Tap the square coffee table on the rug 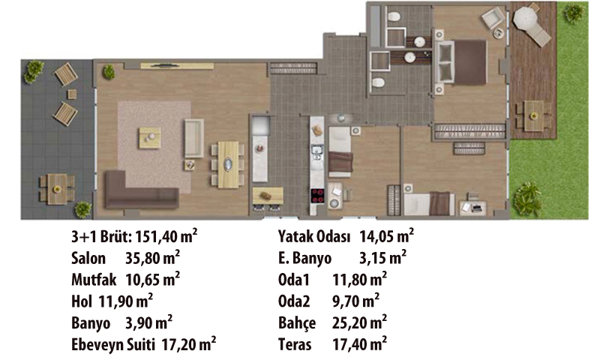coord(149,138)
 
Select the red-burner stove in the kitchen coord(317,196)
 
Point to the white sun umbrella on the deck coord(526,16)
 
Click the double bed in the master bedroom coord(461,62)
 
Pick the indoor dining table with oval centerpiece coord(228,164)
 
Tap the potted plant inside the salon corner coord(109,72)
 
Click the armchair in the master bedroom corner coord(493,19)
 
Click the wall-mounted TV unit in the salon coord(177,66)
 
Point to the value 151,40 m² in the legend coord(166,236)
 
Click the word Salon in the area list coord(88,258)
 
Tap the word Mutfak coord(94,280)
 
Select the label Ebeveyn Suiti coord(113,345)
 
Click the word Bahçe coord(297,323)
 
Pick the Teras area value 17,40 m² coord(359,344)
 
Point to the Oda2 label coord(294,301)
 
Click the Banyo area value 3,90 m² coord(148,322)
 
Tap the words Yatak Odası coord(314,237)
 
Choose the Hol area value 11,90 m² coord(126,301)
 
